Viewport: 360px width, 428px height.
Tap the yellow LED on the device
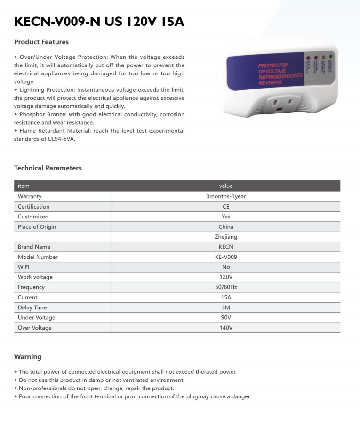point(323,57)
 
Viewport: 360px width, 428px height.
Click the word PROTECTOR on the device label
point(273,65)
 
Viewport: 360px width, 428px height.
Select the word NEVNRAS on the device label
point(270,83)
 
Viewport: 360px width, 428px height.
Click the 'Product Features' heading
point(41,42)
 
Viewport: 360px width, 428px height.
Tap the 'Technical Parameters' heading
point(48,168)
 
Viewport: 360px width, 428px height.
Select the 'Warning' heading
point(28,357)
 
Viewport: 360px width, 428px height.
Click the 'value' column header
point(226,186)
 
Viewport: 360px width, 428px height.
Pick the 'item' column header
point(24,186)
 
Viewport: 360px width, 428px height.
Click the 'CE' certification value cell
point(226,207)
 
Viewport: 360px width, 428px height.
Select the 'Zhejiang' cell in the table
point(226,237)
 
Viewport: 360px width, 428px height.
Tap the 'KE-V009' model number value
point(226,257)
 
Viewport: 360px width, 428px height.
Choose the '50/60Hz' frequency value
point(226,287)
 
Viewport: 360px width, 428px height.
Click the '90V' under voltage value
point(226,317)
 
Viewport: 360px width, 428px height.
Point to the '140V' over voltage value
point(226,328)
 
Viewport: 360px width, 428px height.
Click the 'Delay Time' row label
point(32,307)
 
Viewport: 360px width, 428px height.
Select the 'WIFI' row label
point(24,267)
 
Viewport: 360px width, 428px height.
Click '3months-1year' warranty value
point(226,196)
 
